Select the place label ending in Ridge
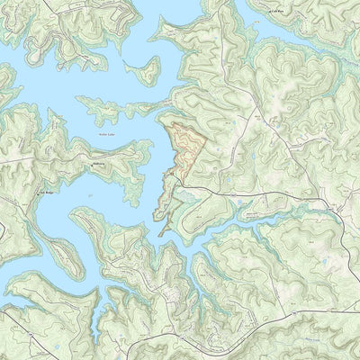(46, 191)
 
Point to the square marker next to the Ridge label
(36, 192)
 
